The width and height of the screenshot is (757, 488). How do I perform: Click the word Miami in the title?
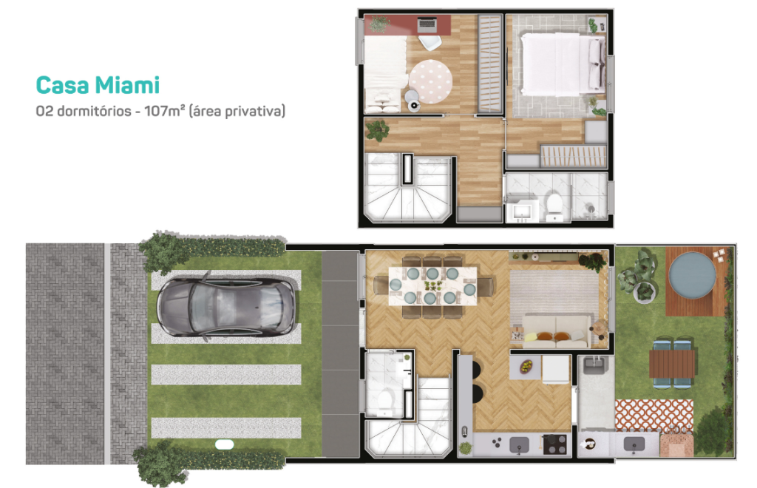pos(127,86)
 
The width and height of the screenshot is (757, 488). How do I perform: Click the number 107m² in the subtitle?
pos(165,111)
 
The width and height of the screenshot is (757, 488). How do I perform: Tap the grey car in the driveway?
pos(226,306)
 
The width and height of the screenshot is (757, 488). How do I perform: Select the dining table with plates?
pos(433,285)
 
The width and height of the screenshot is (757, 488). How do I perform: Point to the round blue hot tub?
pos(692,275)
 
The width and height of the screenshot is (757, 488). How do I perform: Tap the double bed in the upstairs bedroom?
pos(563,64)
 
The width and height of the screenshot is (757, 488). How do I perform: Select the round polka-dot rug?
pos(430,81)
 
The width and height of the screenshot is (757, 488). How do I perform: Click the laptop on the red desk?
pos(427,23)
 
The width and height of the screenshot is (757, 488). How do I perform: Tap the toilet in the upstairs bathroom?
pos(553,204)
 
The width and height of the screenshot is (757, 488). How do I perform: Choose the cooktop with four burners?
pos(554,444)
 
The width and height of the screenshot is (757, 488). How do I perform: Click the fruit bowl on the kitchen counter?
pos(526,366)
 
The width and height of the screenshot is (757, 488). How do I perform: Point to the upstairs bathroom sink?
pos(521,211)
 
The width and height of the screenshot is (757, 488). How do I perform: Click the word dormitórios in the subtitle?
pos(94,111)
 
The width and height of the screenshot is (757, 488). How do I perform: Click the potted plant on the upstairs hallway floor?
pos(377,129)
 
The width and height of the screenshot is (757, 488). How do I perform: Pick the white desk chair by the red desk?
pos(430,42)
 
